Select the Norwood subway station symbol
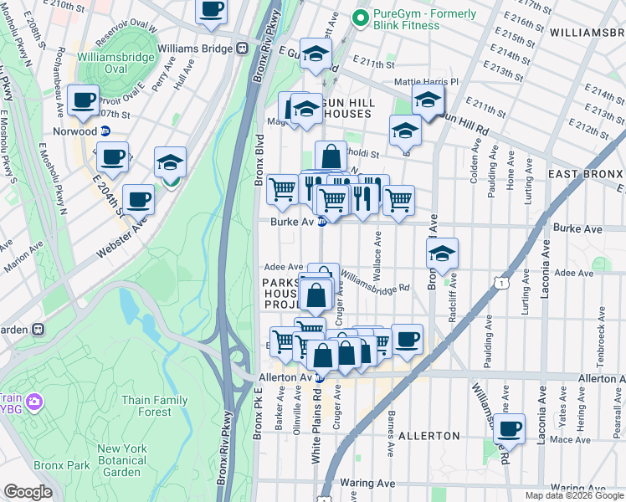coord(105,131)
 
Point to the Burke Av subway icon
coord(321,222)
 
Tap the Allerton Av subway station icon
coord(319,378)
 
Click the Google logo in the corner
coord(28,492)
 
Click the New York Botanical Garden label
coord(122,460)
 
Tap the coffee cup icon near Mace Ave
coord(509,430)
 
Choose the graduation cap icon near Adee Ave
coord(442,255)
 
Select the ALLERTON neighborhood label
coord(428,436)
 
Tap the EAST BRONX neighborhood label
coord(586,173)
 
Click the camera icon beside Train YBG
coord(33,402)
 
